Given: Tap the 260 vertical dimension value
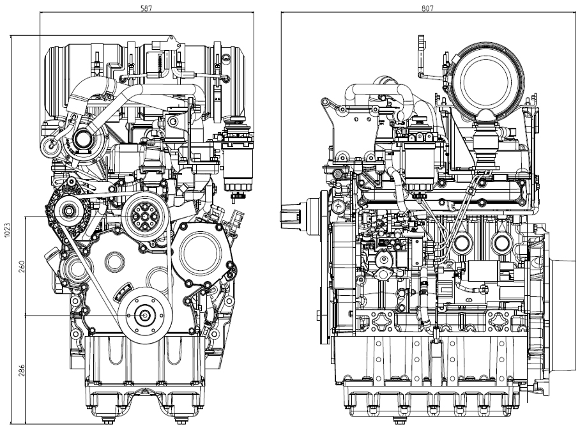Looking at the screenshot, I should coord(21,266).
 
